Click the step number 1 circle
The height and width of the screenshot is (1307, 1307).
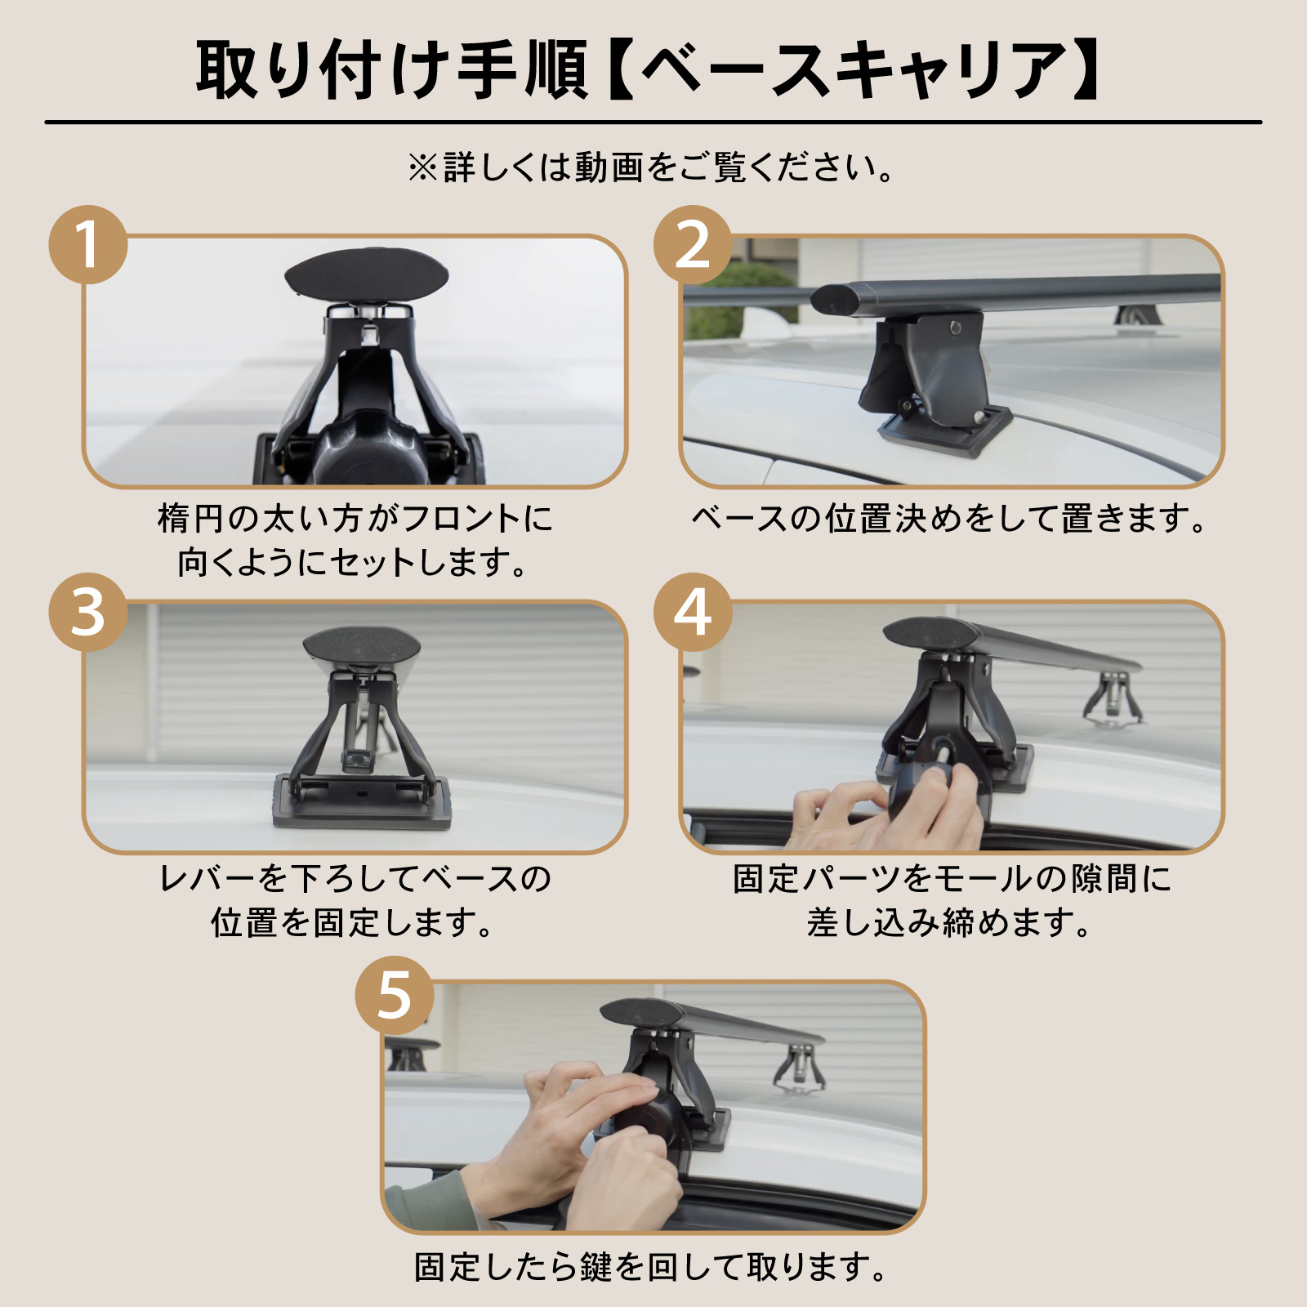88,245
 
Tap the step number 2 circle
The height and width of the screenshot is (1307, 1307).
693,245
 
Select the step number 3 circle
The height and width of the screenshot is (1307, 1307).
88,613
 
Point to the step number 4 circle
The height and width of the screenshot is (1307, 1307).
693,613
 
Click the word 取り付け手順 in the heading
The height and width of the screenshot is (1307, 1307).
392,71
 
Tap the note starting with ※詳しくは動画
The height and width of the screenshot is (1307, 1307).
652,167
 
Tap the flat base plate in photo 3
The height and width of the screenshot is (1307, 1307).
362,805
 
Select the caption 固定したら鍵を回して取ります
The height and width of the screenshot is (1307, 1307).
652,1267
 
